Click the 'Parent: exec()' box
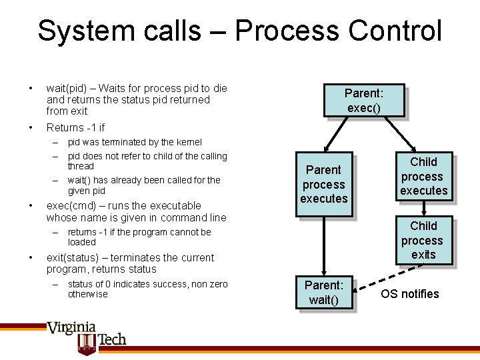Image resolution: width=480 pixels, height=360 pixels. tap(364, 100)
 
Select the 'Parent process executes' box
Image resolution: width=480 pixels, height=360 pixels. tap(324, 184)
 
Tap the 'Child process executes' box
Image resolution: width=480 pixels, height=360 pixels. tap(423, 177)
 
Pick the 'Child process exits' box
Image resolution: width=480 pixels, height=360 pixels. tap(423, 240)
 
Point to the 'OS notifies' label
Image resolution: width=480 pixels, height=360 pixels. tap(410, 294)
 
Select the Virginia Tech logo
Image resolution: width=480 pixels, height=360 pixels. tap(86, 336)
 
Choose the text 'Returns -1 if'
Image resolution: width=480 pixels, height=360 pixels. tap(75, 127)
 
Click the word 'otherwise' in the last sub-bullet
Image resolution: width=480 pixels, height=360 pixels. tap(87, 294)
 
